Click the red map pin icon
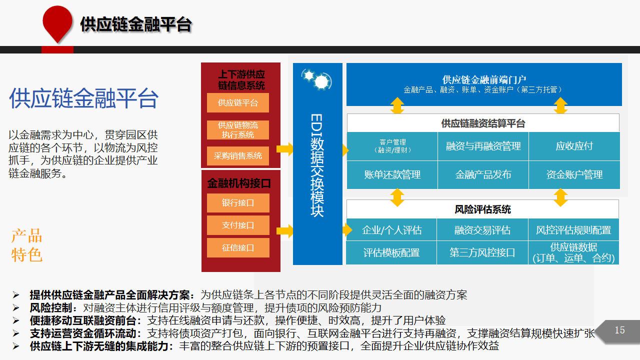(57, 23)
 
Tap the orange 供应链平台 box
(237, 102)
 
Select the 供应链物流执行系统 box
(237, 129)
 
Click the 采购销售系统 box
(237, 155)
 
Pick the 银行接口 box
(238, 203)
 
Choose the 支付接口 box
(238, 225)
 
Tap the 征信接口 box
(238, 247)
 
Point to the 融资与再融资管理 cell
(483, 146)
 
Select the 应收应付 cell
(574, 146)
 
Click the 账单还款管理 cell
(392, 174)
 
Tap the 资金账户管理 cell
(574, 174)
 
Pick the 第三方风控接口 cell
(482, 252)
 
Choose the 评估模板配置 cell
(391, 252)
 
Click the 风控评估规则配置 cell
(573, 229)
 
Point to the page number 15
(619, 330)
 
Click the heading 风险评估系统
(482, 209)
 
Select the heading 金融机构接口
(239, 183)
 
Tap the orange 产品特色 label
(27, 245)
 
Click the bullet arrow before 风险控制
(16, 307)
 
